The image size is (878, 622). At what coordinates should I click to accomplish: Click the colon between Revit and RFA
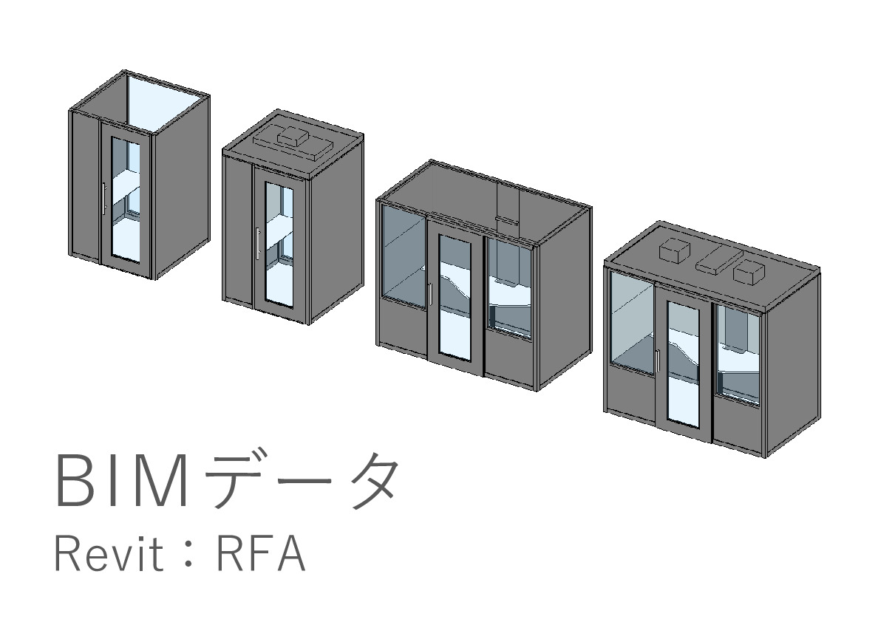(188, 556)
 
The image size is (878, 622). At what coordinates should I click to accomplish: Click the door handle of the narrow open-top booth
(104, 198)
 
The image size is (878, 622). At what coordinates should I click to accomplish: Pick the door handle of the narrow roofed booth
(257, 243)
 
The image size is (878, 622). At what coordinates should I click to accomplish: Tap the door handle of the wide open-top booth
(430, 293)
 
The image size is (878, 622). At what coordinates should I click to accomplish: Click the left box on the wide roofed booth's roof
(674, 251)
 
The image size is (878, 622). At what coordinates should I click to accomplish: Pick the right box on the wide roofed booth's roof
(748, 271)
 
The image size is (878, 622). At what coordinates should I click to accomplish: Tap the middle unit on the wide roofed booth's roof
(712, 261)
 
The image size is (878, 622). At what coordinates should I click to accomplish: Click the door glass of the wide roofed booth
(683, 362)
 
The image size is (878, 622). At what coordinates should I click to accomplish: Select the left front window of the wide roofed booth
(630, 321)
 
